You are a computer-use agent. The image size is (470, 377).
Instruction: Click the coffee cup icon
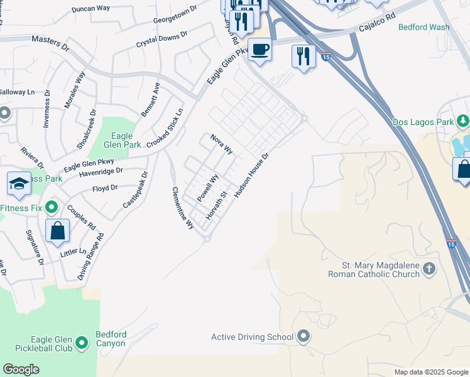pos(260,49)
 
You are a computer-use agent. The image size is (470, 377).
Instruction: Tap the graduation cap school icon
pos(19,183)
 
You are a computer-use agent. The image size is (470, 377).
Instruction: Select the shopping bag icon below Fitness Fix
pos(57,230)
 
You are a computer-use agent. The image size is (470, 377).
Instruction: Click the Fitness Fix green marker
pos(52,205)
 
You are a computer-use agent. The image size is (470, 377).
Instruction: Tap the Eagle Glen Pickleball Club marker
pos(81,343)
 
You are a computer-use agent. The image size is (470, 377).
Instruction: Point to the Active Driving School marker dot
pos(303,337)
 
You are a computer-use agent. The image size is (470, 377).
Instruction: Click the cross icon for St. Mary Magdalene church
pos(429,269)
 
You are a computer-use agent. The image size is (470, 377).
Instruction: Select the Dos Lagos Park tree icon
pos(463,121)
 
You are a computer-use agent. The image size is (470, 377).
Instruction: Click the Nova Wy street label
pos(221,144)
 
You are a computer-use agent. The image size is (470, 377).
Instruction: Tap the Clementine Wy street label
pos(183,209)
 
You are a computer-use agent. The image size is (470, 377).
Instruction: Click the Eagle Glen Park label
pos(126,139)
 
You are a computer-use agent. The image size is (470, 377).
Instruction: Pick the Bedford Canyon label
pos(111,339)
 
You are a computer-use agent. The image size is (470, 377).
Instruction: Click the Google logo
pos(21,369)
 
